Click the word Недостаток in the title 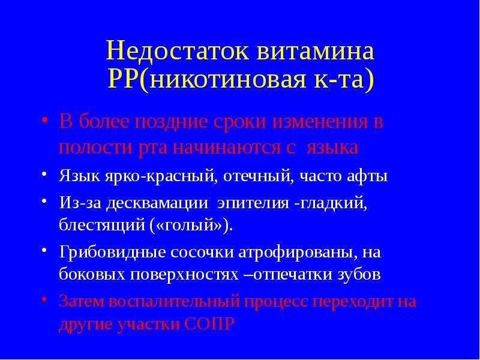click(178, 51)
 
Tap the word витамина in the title click(316, 51)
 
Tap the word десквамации click(157, 203)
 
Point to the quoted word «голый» click(189, 226)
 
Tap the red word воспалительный click(174, 302)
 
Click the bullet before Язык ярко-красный click(44, 174)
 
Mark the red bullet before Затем click(44, 298)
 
